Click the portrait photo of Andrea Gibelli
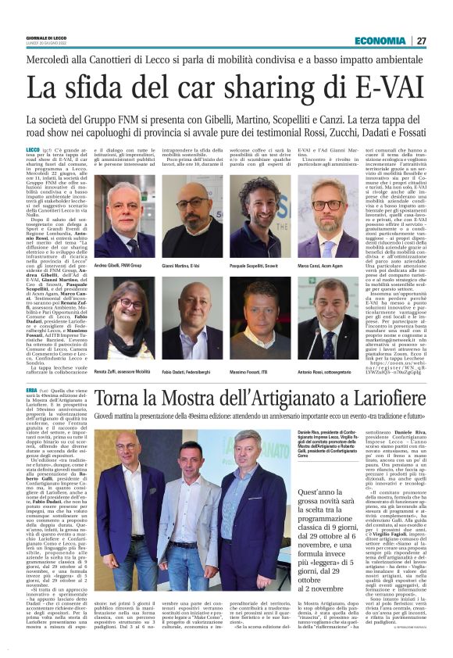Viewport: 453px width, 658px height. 125,217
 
